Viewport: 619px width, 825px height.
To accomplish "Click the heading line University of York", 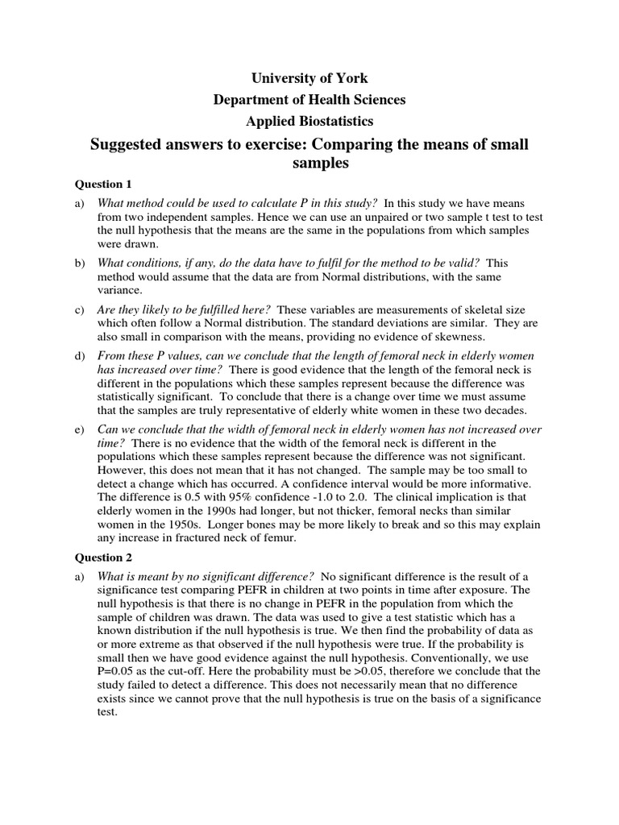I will coord(309,78).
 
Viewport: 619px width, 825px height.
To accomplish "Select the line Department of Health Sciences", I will coord(309,100).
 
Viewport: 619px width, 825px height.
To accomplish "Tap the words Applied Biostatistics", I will coord(309,122).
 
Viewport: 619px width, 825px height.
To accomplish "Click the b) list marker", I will coord(80,263).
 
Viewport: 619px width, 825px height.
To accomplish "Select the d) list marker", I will coord(80,355).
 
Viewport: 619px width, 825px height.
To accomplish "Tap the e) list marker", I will coord(80,429).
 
